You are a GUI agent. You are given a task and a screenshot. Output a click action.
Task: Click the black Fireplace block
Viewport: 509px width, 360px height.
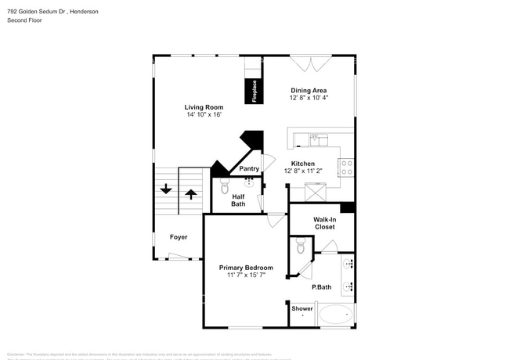click(252, 91)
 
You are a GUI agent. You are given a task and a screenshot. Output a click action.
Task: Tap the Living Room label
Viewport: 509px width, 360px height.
click(204, 107)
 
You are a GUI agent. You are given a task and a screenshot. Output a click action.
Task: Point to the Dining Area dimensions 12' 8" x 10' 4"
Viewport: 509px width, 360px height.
click(309, 98)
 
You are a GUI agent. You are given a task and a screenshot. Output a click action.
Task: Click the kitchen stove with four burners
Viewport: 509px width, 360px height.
click(345, 166)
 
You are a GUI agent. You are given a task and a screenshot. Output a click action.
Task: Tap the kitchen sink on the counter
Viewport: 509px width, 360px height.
click(318, 141)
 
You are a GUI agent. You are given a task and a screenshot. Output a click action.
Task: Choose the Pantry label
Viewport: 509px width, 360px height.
click(249, 168)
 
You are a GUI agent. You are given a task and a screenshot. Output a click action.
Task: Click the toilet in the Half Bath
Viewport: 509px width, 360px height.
click(224, 188)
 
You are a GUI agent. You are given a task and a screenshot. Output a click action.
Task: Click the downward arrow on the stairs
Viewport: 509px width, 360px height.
click(166, 189)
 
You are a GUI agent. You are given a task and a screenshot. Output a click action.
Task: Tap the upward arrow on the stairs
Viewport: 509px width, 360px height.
click(190, 193)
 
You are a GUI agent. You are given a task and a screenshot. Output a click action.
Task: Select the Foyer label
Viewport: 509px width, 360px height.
click(179, 236)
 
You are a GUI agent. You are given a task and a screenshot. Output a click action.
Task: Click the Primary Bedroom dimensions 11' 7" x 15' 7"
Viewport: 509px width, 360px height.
click(246, 275)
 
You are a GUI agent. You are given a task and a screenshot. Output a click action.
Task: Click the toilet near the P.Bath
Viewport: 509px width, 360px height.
click(301, 248)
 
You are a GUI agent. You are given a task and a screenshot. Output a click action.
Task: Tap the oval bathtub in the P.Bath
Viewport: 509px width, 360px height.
click(335, 315)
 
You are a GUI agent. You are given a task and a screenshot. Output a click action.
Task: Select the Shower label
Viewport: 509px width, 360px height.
click(302, 308)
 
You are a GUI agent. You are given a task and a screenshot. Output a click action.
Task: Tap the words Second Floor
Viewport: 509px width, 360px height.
click(24, 20)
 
